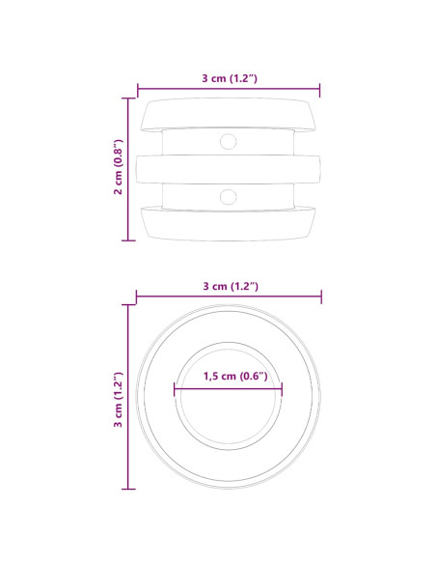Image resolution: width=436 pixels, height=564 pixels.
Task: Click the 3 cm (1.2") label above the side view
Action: (230, 78)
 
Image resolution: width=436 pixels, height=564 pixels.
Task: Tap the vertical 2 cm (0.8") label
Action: (118, 167)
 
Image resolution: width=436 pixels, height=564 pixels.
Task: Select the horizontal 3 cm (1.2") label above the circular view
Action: (231, 286)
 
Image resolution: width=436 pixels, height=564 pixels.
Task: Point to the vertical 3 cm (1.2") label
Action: (118, 400)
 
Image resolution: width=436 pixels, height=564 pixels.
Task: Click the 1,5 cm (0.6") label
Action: (235, 376)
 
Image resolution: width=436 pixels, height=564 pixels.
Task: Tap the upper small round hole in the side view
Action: (228, 141)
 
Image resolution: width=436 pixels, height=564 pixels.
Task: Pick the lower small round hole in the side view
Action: (228, 197)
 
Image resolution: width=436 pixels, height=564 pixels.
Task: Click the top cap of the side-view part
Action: (228, 114)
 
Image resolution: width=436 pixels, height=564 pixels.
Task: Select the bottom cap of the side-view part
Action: (228, 224)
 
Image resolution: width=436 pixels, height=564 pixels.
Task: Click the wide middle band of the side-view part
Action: (228, 169)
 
